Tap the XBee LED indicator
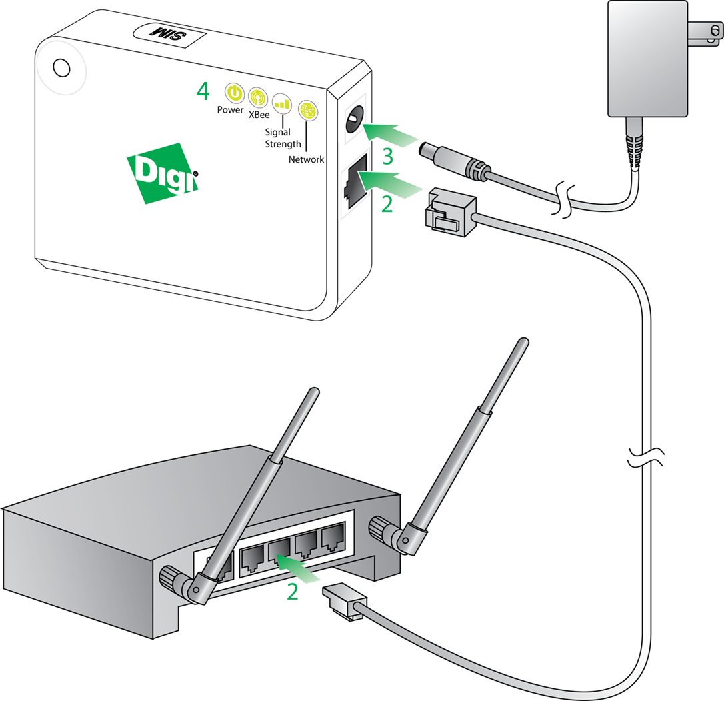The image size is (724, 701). click(258, 97)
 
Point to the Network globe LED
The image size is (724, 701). click(308, 111)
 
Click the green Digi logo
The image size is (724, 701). click(163, 173)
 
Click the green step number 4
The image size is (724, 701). click(203, 91)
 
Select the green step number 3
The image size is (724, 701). click(388, 156)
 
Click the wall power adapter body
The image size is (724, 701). click(647, 59)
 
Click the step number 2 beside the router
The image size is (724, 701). click(292, 592)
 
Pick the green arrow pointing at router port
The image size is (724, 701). click(298, 568)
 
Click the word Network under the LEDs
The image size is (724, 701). click(306, 159)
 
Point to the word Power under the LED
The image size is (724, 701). click(230, 110)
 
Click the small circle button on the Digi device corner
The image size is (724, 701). click(61, 68)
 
